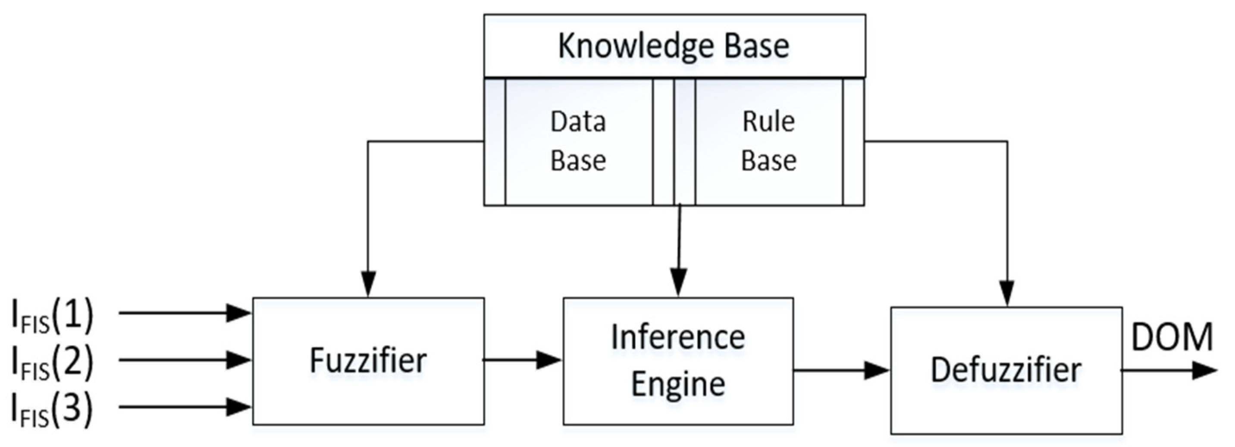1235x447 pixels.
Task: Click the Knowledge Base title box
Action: point(674,46)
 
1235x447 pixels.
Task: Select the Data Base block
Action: point(578,141)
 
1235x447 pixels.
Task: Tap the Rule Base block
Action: point(768,141)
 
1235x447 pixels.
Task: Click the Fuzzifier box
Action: point(368,361)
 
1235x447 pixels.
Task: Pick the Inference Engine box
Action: point(678,361)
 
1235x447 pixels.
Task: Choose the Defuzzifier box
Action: point(1006,370)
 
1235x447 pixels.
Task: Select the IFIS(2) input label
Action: point(52,363)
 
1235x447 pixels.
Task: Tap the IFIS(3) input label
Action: point(52,409)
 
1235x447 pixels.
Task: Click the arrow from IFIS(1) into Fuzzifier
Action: point(185,313)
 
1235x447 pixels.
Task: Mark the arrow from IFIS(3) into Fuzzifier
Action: point(185,407)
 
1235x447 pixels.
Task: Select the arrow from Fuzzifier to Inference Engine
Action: point(522,360)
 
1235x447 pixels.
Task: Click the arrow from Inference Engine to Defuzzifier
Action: point(841,370)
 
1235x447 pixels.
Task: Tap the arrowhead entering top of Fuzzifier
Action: point(368,284)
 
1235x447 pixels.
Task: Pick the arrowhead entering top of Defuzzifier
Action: point(1007,292)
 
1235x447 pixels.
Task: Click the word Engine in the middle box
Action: point(678,384)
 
